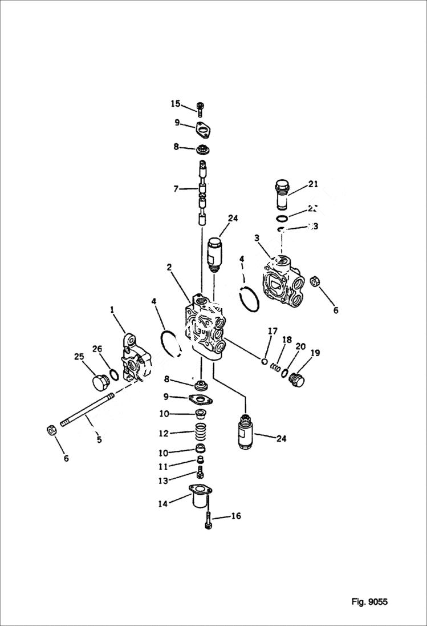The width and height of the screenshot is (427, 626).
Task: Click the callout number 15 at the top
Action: [x=175, y=103]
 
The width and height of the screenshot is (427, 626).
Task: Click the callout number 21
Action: [x=312, y=184]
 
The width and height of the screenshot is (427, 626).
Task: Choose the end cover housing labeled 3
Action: [x=282, y=280]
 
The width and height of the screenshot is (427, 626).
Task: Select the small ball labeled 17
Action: [x=264, y=360]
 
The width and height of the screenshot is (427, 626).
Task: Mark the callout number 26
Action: [x=97, y=349]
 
